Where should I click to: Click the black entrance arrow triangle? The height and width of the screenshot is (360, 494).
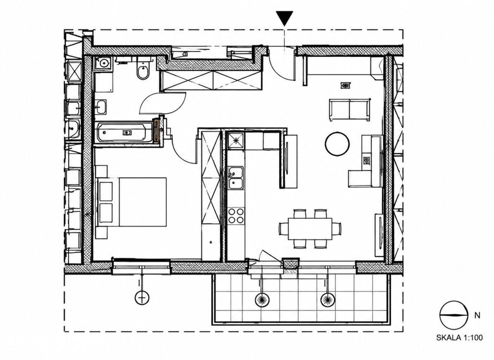(284, 18)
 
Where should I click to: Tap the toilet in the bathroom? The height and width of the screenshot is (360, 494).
(143, 68)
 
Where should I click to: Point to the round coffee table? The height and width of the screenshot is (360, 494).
(337, 144)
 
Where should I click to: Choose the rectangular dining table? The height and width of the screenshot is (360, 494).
(310, 229)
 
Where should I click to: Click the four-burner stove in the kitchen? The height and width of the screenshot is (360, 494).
(236, 216)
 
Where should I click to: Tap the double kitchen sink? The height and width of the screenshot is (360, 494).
(236, 178)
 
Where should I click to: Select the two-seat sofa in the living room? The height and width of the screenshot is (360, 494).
(350, 110)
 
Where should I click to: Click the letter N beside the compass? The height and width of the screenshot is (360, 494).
(477, 316)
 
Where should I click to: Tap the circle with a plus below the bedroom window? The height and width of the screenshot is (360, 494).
(142, 297)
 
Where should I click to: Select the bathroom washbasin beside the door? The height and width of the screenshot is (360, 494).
(101, 107)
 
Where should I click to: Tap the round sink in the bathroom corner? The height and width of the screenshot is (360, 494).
(104, 63)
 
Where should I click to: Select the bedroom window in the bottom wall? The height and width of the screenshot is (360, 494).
(141, 267)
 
